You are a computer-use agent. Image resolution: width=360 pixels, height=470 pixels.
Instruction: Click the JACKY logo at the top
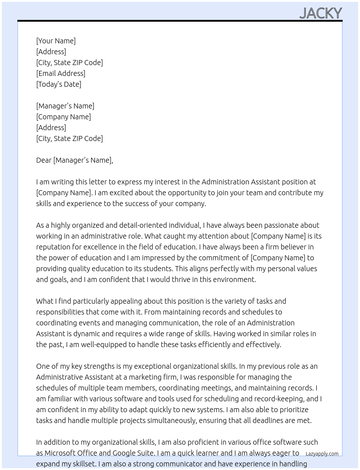321,13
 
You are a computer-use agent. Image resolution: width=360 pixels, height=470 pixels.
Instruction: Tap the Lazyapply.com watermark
322,454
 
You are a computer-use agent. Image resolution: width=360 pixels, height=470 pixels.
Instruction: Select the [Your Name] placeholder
56,41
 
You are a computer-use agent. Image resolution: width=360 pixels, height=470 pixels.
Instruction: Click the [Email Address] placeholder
61,73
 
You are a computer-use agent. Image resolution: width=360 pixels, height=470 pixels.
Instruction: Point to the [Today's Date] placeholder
59,84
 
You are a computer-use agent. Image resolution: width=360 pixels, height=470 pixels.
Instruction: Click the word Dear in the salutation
44,160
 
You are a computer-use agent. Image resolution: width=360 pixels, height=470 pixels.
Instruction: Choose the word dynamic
86,334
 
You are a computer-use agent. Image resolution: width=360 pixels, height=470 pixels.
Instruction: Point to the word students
154,269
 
